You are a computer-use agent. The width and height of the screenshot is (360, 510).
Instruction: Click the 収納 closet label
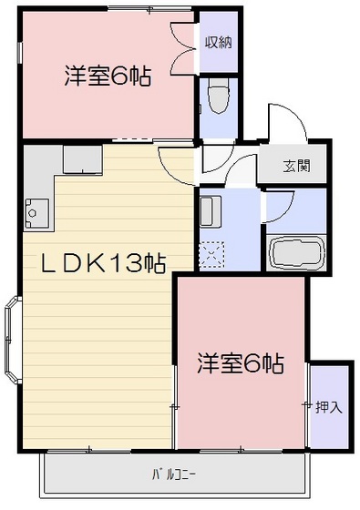coord(218,41)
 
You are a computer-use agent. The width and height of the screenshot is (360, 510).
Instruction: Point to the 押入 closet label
coord(329,406)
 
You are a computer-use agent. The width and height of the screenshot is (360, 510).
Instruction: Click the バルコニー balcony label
coord(173,474)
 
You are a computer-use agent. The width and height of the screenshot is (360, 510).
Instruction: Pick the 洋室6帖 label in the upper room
coord(108,76)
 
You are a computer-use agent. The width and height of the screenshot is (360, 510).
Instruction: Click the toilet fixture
coord(218,97)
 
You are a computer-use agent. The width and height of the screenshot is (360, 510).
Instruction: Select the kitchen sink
coord(36,213)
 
